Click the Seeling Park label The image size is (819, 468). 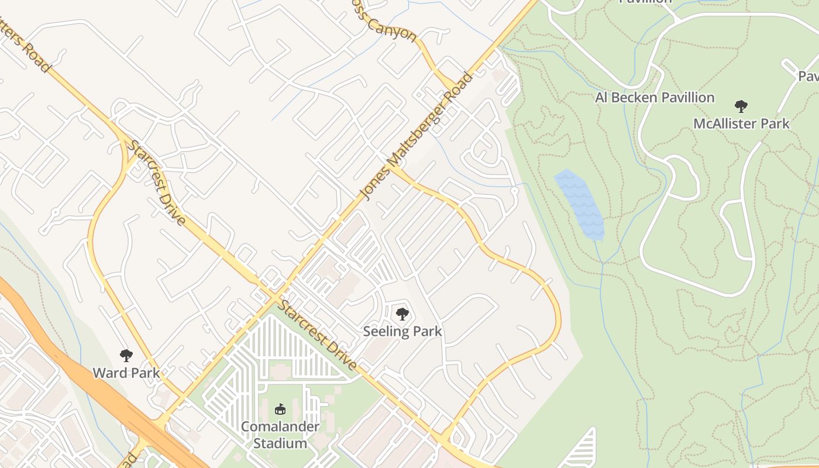402,332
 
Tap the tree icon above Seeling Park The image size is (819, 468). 402,314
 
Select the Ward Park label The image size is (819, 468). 126,373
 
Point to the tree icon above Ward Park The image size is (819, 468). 126,355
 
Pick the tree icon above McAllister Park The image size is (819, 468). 741,106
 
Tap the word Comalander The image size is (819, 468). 280,426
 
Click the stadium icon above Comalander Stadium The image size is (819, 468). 280,409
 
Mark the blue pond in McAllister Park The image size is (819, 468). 579,205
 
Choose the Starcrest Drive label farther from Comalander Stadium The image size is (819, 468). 157,183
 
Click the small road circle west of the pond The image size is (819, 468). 515,190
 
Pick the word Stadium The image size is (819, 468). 280,443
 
